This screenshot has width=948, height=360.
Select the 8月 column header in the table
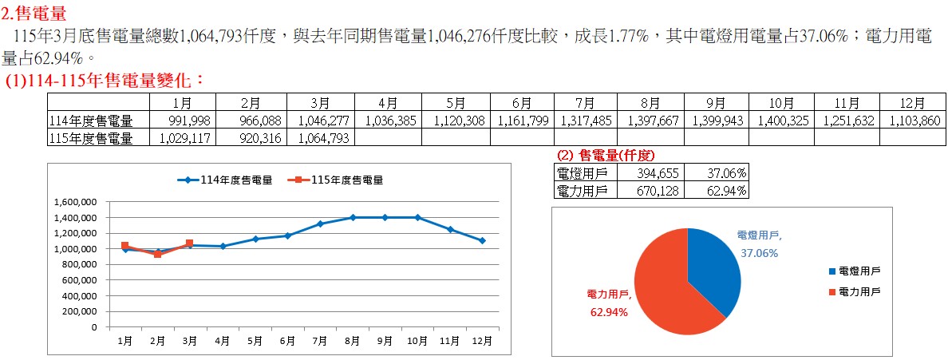tap(650, 103)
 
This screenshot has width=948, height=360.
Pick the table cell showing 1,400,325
tap(781, 121)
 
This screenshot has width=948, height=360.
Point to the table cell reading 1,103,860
tap(912, 121)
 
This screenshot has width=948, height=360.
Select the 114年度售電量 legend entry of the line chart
tap(224, 180)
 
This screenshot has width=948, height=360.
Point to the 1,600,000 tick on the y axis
tap(76, 202)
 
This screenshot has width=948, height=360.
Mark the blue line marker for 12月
tap(483, 240)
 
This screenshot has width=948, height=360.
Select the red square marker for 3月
tap(189, 243)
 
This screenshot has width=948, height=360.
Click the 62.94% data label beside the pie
tap(609, 312)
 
